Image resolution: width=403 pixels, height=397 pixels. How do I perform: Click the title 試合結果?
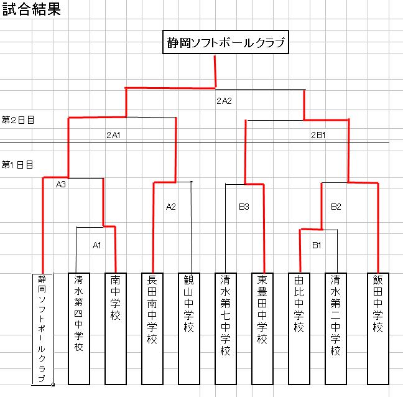click(31, 9)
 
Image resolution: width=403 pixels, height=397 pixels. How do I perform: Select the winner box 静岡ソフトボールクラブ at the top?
click(226, 42)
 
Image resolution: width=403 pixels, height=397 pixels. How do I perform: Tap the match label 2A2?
click(224, 101)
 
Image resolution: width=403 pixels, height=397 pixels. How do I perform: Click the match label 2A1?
click(113, 135)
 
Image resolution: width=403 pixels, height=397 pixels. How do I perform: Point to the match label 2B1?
click(318, 135)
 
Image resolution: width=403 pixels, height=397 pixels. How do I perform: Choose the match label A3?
click(61, 184)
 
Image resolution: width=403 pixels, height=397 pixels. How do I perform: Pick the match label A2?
click(171, 207)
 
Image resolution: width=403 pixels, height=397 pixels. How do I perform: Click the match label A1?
click(96, 245)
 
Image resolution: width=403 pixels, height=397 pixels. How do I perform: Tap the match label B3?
click(244, 207)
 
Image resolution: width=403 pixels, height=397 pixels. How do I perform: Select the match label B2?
click(336, 207)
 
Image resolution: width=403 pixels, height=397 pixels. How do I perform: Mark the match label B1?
click(317, 245)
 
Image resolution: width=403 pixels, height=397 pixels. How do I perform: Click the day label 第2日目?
click(18, 120)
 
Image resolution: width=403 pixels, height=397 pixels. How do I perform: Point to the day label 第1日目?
click(17, 164)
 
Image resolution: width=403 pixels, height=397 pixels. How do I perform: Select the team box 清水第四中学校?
click(79, 329)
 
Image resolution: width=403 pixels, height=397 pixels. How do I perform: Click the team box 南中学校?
click(116, 329)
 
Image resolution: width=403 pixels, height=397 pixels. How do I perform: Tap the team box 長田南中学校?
click(152, 329)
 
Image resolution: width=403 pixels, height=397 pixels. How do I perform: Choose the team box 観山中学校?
click(189, 329)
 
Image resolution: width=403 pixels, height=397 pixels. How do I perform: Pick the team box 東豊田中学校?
click(262, 329)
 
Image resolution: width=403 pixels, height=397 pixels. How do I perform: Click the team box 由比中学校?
click(299, 329)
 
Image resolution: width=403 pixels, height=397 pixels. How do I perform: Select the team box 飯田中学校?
click(378, 329)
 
